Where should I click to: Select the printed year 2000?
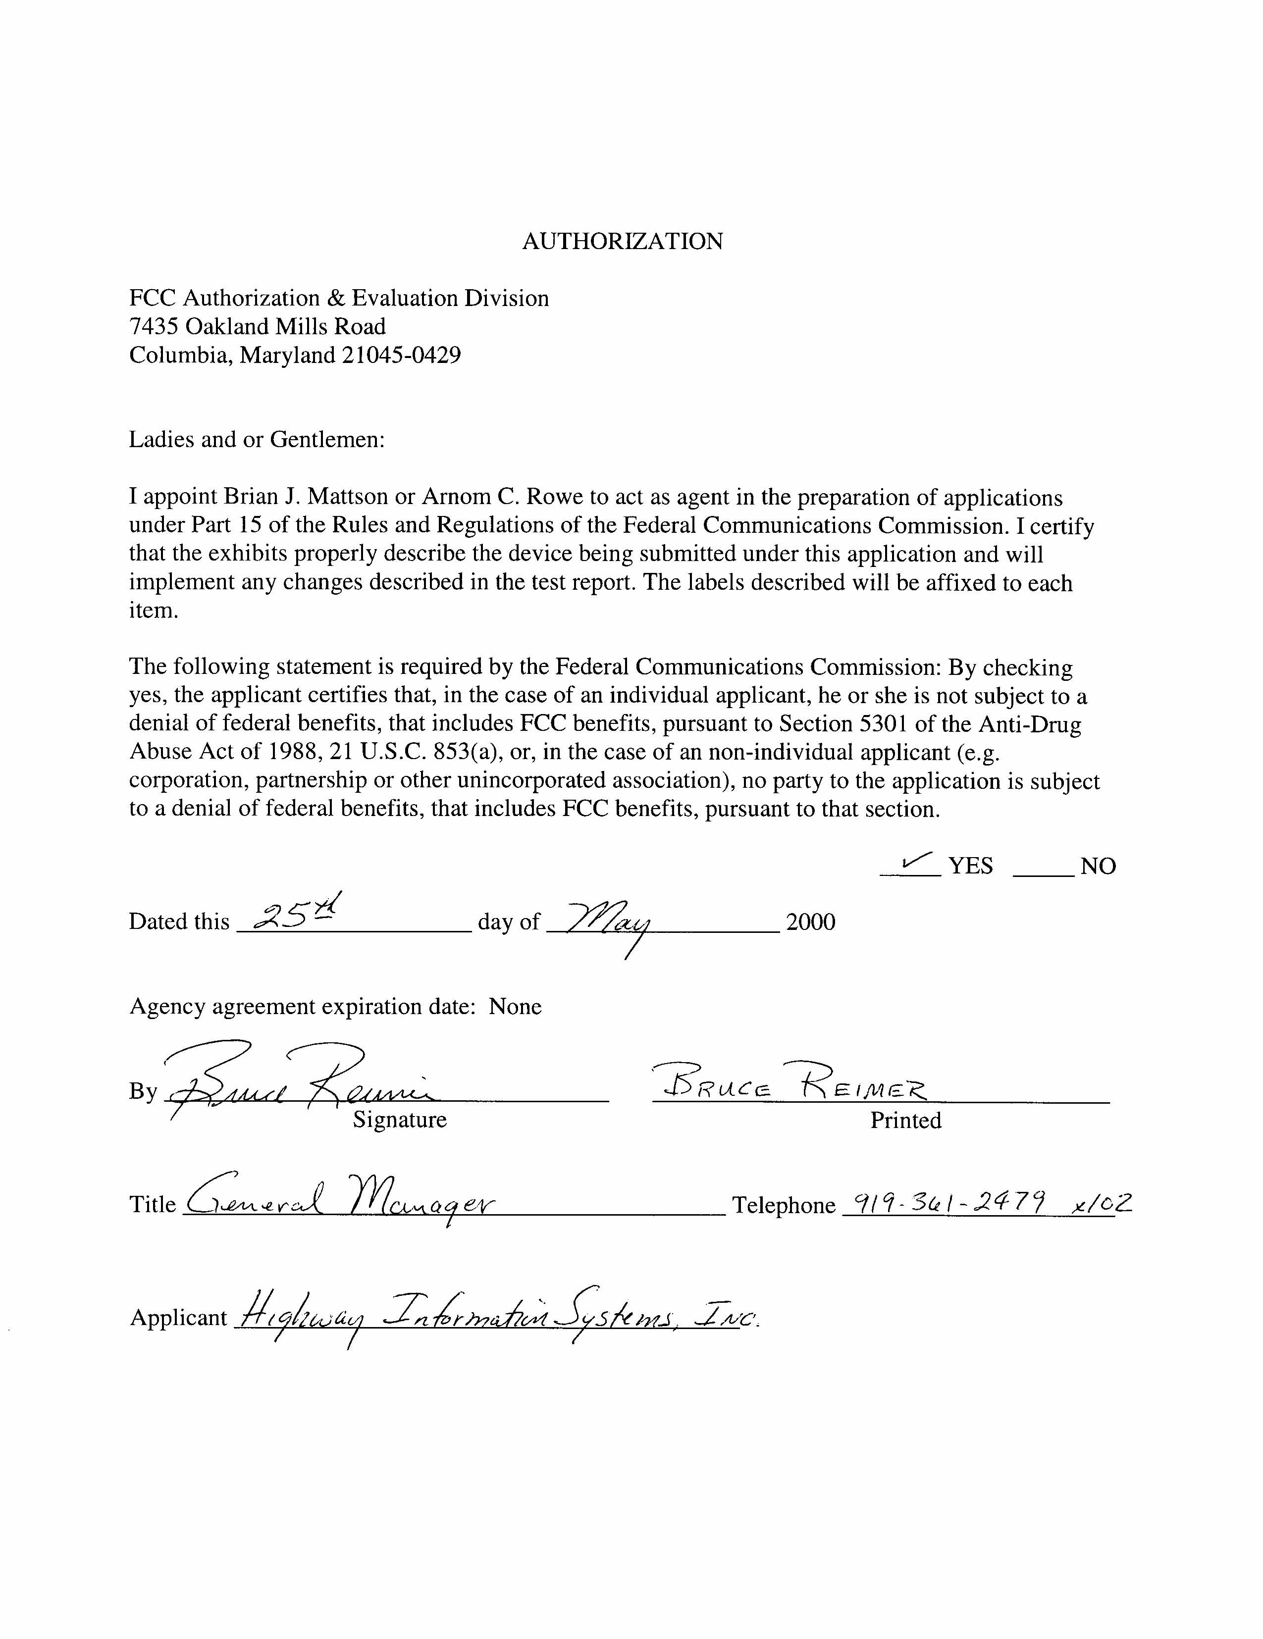(810, 922)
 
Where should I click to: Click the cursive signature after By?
(300, 1080)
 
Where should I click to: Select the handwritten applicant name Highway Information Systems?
(495, 1317)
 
